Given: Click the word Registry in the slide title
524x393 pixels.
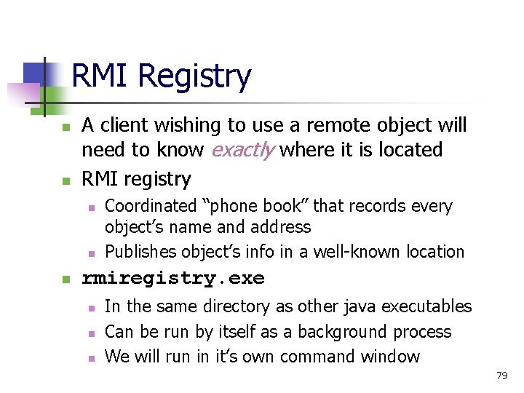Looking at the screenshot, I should point(194,76).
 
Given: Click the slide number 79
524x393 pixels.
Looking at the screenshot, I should point(501,376).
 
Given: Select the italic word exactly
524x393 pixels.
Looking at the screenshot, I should point(242,150).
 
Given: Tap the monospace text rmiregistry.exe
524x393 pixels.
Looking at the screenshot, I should point(173,278).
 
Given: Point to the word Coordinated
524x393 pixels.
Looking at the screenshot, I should point(151,207).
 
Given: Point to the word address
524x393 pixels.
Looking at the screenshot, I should point(279,227).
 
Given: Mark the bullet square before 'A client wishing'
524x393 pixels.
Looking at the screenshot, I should point(65,127).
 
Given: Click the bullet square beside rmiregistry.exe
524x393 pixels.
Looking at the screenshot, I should point(65,279).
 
